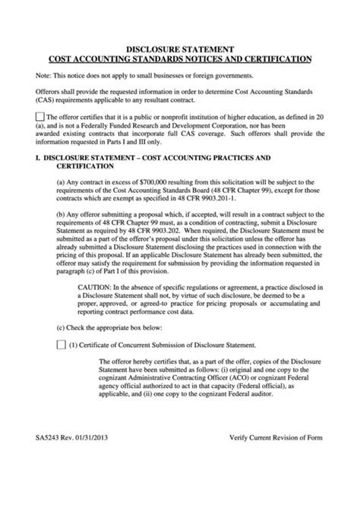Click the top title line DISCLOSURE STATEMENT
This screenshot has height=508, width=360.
click(179, 46)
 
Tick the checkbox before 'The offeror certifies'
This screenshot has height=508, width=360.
click(40, 115)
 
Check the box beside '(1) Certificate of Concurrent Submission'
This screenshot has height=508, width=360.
click(62, 343)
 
